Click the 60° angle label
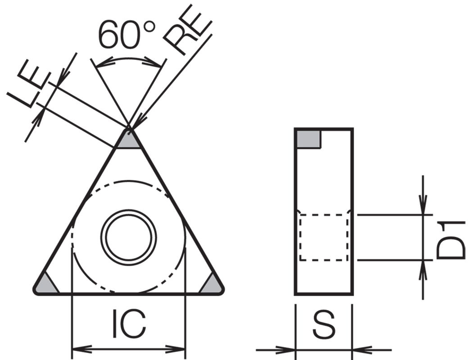[x=127, y=35]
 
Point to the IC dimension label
[x=129, y=324]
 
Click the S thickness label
[x=324, y=324]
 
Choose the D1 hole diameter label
[x=451, y=240]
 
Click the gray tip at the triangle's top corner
[x=129, y=140]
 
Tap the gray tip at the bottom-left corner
[x=46, y=284]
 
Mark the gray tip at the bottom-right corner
[x=211, y=284]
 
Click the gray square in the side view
[x=308, y=139]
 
